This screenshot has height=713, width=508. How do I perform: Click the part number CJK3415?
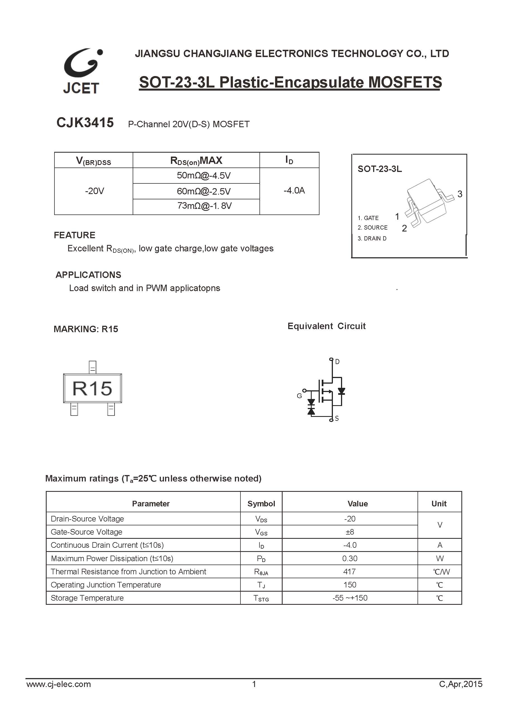pyautogui.click(x=85, y=122)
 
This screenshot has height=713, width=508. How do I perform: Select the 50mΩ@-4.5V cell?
pyautogui.click(x=204, y=175)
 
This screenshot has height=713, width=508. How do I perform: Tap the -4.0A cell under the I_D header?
pyautogui.click(x=294, y=190)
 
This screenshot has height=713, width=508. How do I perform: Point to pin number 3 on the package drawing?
pyautogui.click(x=459, y=194)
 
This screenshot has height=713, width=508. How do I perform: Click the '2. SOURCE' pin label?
pyautogui.click(x=372, y=227)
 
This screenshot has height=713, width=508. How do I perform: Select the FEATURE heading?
pyautogui.click(x=75, y=235)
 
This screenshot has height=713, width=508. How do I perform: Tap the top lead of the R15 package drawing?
pyautogui.click(x=93, y=367)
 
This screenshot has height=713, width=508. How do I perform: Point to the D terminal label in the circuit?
pyautogui.click(x=337, y=362)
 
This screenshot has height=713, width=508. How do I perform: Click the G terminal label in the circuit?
pyautogui.click(x=299, y=396)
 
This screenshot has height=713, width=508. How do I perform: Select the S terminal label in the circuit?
pyautogui.click(x=337, y=418)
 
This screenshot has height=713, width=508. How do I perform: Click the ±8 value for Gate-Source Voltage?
pyautogui.click(x=350, y=532)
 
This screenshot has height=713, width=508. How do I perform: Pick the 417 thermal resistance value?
pyautogui.click(x=349, y=572)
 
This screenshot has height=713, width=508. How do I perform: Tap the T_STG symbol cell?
pyautogui.click(x=261, y=598)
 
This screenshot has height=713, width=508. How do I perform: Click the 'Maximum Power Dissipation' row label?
pyautogui.click(x=112, y=558)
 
